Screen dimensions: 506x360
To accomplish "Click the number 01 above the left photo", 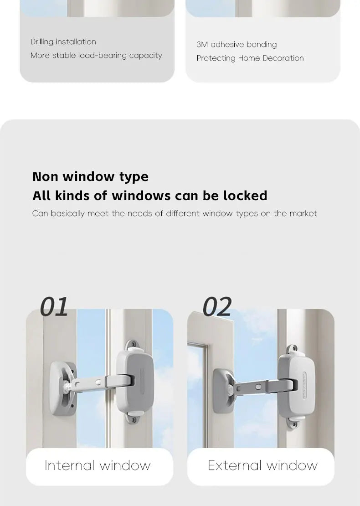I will click(x=54, y=307).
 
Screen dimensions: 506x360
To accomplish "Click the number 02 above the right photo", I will click(x=217, y=307).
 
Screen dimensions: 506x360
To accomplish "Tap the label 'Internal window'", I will click(x=98, y=465).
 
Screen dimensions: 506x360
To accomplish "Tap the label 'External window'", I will click(x=262, y=465).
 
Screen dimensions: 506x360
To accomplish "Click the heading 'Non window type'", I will click(x=90, y=176).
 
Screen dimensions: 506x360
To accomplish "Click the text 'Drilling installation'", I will click(x=63, y=42).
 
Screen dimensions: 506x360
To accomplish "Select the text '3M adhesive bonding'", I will click(x=237, y=45).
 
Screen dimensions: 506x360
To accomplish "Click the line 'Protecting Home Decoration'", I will click(x=250, y=58).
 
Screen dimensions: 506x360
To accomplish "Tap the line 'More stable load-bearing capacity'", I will click(x=96, y=56).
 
